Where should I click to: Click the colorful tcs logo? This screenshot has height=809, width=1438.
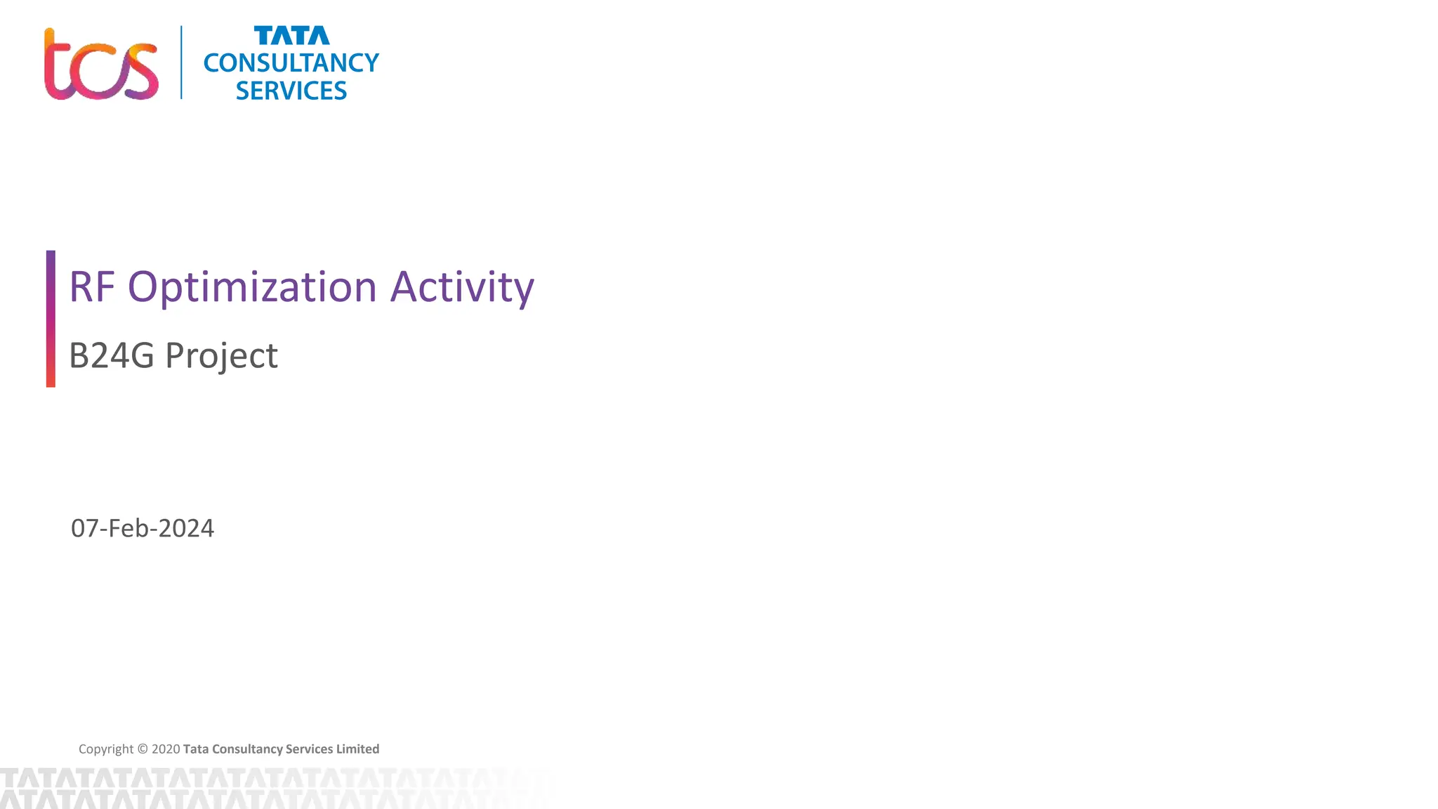click(x=100, y=65)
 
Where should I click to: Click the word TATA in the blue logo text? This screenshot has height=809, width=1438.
click(x=291, y=36)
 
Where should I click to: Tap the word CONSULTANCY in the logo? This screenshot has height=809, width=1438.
click(x=291, y=63)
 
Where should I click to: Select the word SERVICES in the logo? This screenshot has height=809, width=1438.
click(x=291, y=91)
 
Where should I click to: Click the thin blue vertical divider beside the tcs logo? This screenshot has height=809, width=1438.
click(x=181, y=63)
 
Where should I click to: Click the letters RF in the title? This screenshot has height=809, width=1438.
click(x=91, y=287)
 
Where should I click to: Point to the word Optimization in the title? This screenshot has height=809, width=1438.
click(x=252, y=287)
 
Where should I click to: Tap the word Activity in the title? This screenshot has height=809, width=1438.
click(x=462, y=287)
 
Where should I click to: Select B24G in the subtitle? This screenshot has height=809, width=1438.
click(x=111, y=355)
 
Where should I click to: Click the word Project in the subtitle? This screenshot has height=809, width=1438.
click(x=221, y=355)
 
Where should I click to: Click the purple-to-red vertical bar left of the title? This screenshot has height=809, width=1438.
click(x=51, y=318)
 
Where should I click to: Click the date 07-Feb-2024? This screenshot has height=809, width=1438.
click(x=143, y=528)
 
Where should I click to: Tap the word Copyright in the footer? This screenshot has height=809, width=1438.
click(x=105, y=749)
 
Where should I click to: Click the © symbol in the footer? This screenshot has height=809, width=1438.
click(x=143, y=749)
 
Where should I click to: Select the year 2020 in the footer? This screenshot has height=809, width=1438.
click(x=166, y=749)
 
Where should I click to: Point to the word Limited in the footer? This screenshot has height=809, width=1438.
click(x=357, y=749)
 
